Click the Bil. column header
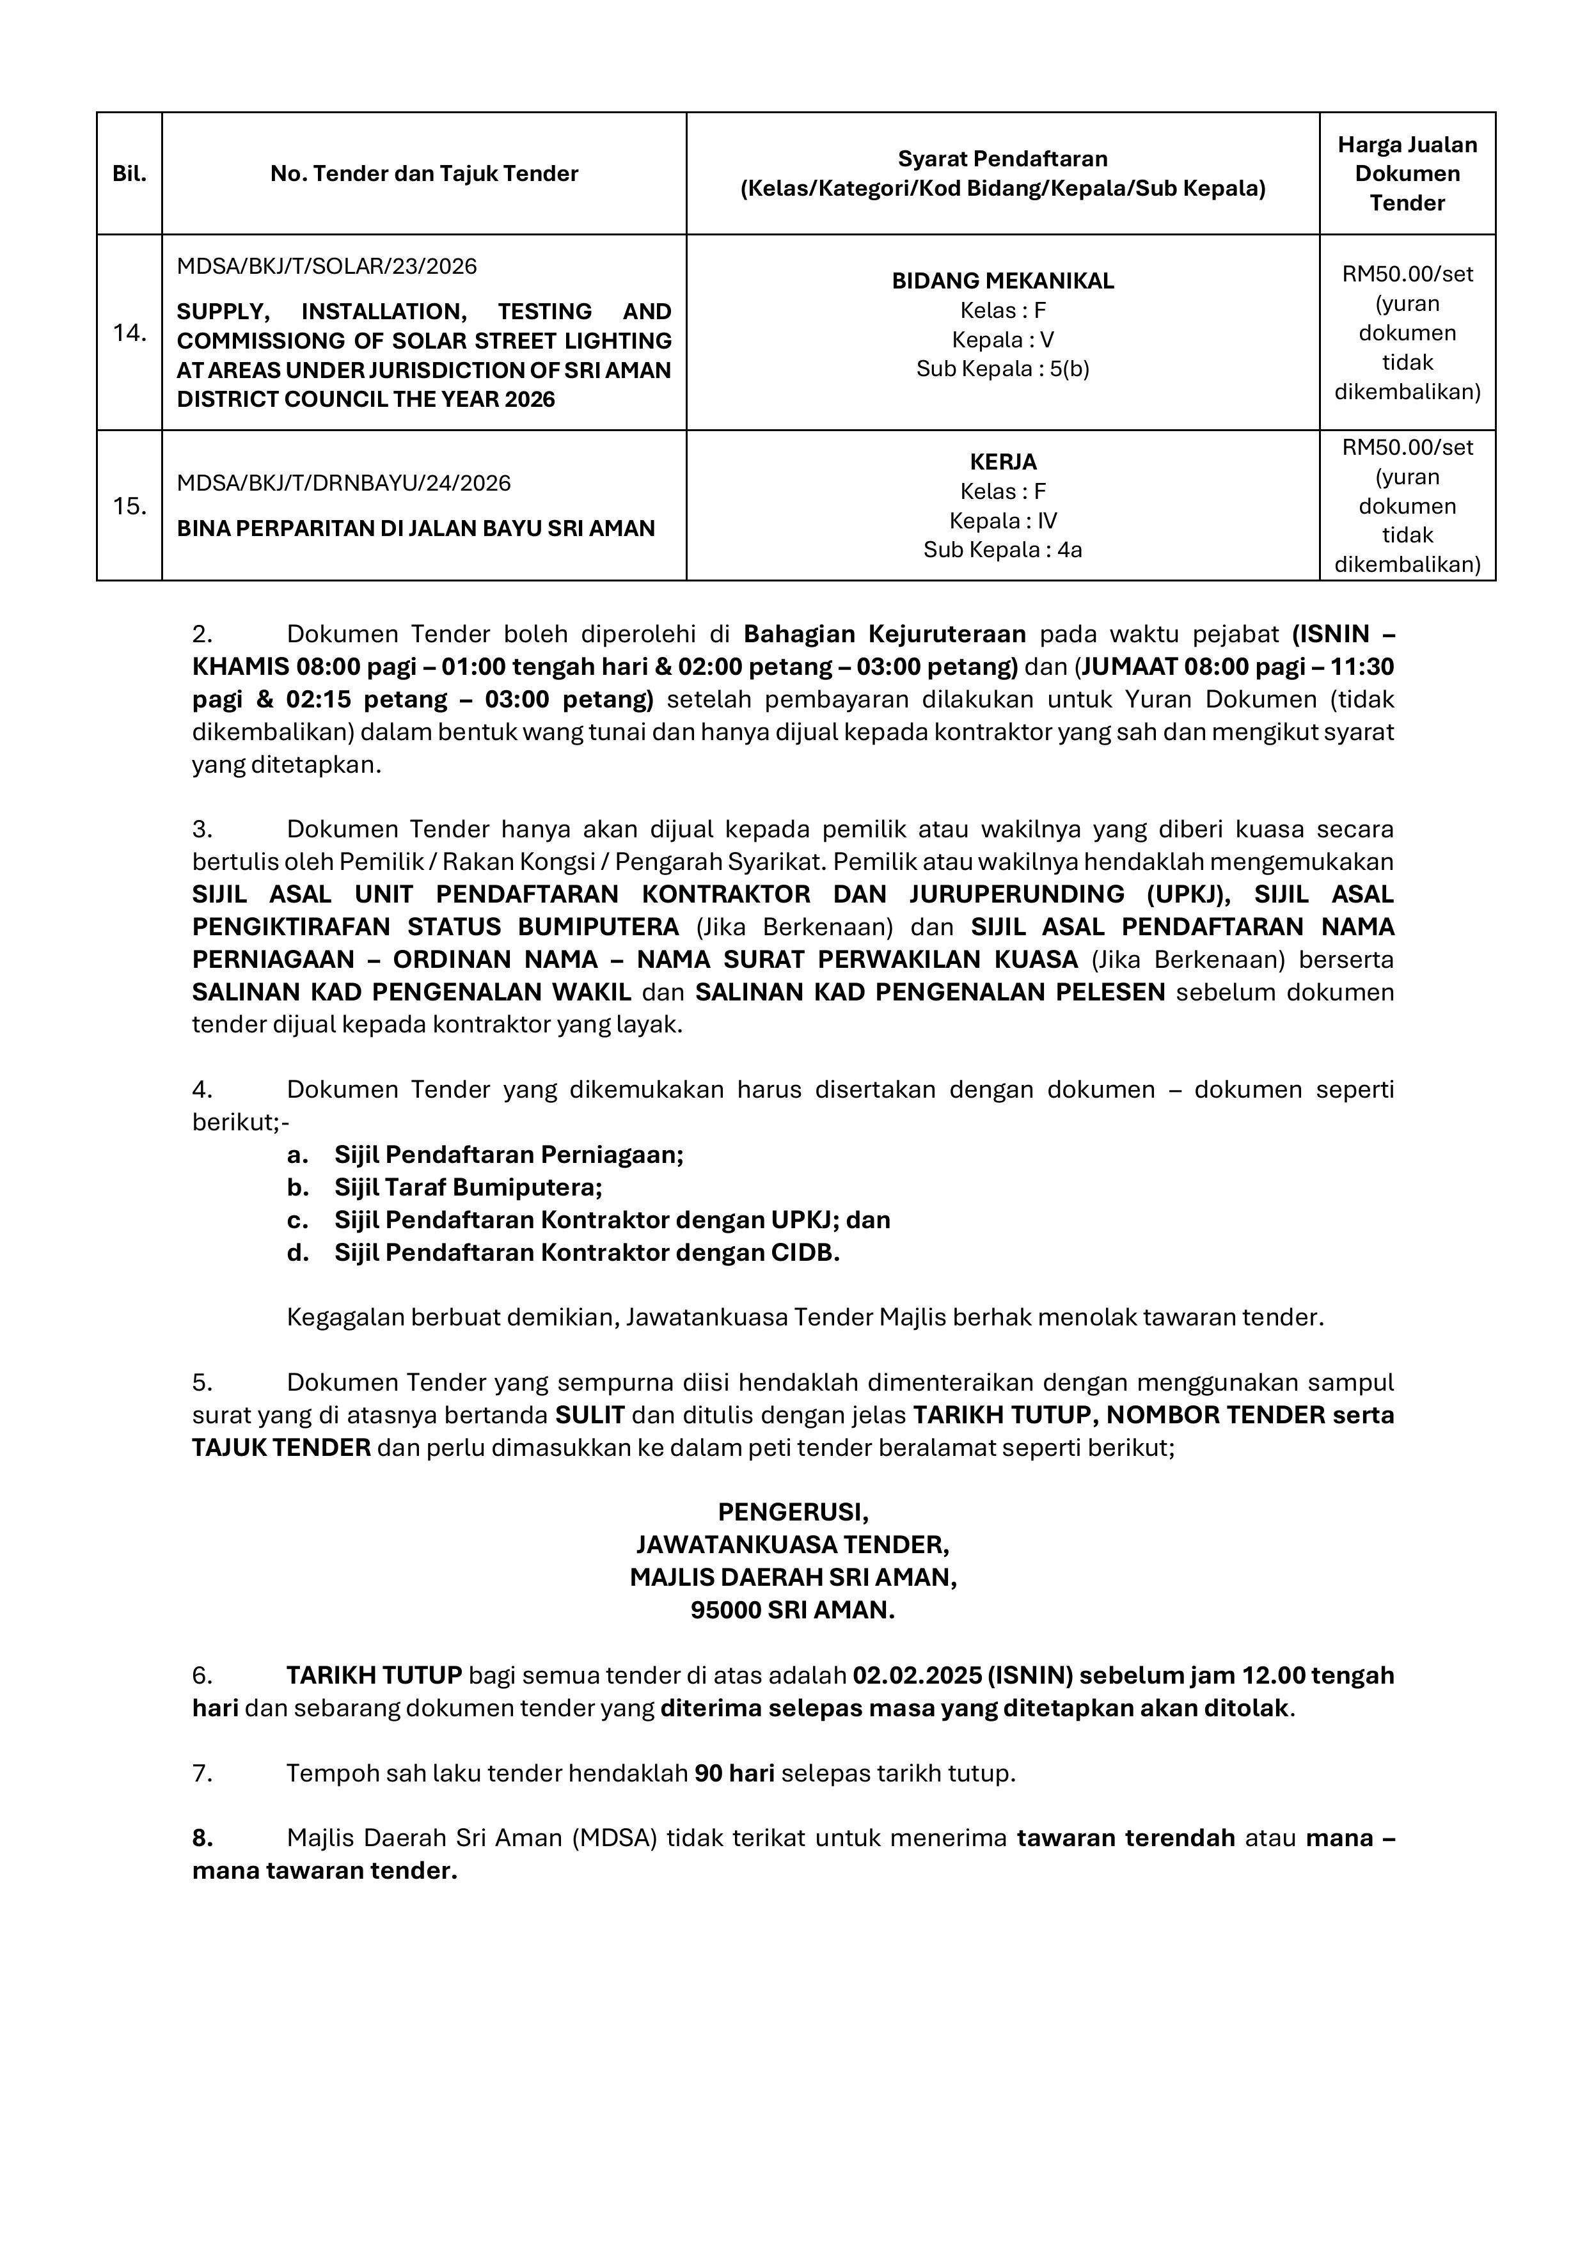point(129,174)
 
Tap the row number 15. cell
point(129,506)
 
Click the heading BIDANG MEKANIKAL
point(1002,281)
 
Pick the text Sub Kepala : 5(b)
point(1002,370)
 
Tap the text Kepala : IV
point(1002,521)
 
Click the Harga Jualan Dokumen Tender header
point(1407,174)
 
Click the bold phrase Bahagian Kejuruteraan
point(885,635)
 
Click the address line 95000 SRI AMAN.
point(793,1609)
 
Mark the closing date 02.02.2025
point(915,1675)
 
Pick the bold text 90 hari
point(734,1773)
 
